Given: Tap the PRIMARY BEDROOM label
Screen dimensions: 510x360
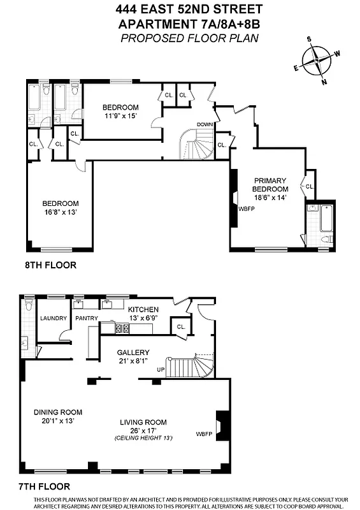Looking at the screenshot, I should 270,185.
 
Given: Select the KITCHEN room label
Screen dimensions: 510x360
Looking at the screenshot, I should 143,309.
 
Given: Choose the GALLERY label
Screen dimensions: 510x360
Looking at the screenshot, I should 133,353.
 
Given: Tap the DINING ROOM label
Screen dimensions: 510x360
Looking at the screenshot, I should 58,412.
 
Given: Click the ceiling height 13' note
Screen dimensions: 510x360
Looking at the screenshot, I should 143,438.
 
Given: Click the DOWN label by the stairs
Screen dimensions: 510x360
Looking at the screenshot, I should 205,124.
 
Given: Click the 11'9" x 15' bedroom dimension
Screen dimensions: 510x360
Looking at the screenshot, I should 121,115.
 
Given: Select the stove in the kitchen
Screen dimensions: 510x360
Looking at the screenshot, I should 122,328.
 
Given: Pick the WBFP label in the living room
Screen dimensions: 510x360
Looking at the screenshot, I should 204,434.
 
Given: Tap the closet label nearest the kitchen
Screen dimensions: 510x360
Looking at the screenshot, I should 181,328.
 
